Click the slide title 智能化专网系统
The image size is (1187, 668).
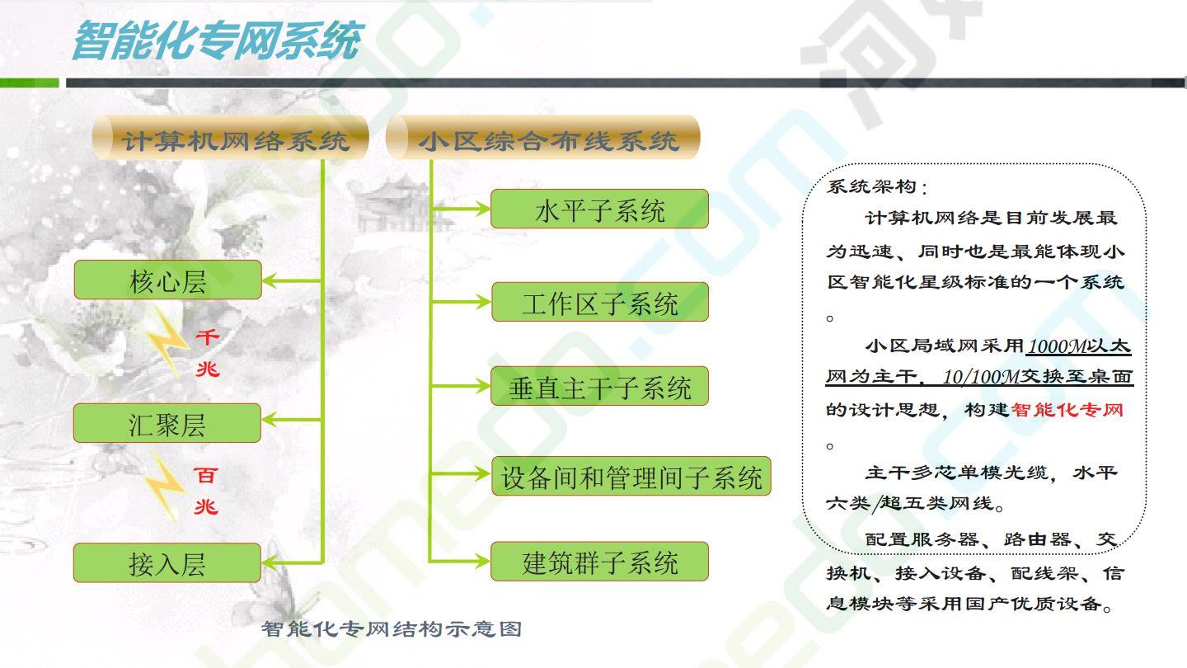[x=218, y=40]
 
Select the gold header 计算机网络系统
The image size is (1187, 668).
[x=231, y=138]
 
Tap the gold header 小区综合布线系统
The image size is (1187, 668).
[x=543, y=138]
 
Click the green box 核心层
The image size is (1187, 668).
[x=167, y=280]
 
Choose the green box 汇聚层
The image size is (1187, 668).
[x=167, y=423]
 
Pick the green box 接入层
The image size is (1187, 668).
[x=167, y=562]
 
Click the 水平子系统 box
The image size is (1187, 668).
[x=599, y=209]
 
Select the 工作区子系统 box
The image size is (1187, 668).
[x=600, y=302]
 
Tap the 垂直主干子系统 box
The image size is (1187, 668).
[x=599, y=386]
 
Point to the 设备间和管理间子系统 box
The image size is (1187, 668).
[x=631, y=476]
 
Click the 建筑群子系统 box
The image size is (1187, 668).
[x=599, y=561]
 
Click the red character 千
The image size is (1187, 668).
[x=207, y=336]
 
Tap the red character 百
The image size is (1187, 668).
[x=205, y=475]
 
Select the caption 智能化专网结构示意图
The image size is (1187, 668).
[x=392, y=628]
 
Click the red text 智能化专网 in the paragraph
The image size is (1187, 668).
[x=1067, y=410]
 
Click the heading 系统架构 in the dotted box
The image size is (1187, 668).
[x=871, y=186]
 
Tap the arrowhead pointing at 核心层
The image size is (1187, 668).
[x=270, y=280]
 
